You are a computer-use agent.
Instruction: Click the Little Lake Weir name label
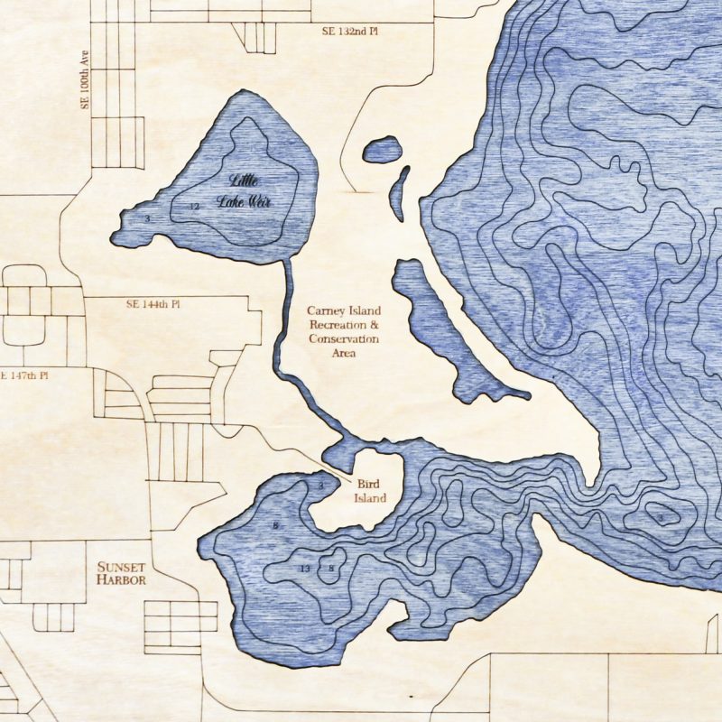coord(243,190)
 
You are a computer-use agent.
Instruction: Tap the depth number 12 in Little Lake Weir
coord(193,207)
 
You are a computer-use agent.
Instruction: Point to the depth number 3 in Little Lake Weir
coord(146,218)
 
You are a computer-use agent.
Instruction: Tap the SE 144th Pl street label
coord(153,305)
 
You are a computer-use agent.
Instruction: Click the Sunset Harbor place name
coord(121,574)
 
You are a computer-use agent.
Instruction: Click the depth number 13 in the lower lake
coord(305,569)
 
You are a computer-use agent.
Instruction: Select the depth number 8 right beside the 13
coord(331,568)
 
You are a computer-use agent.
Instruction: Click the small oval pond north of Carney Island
coord(383,149)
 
